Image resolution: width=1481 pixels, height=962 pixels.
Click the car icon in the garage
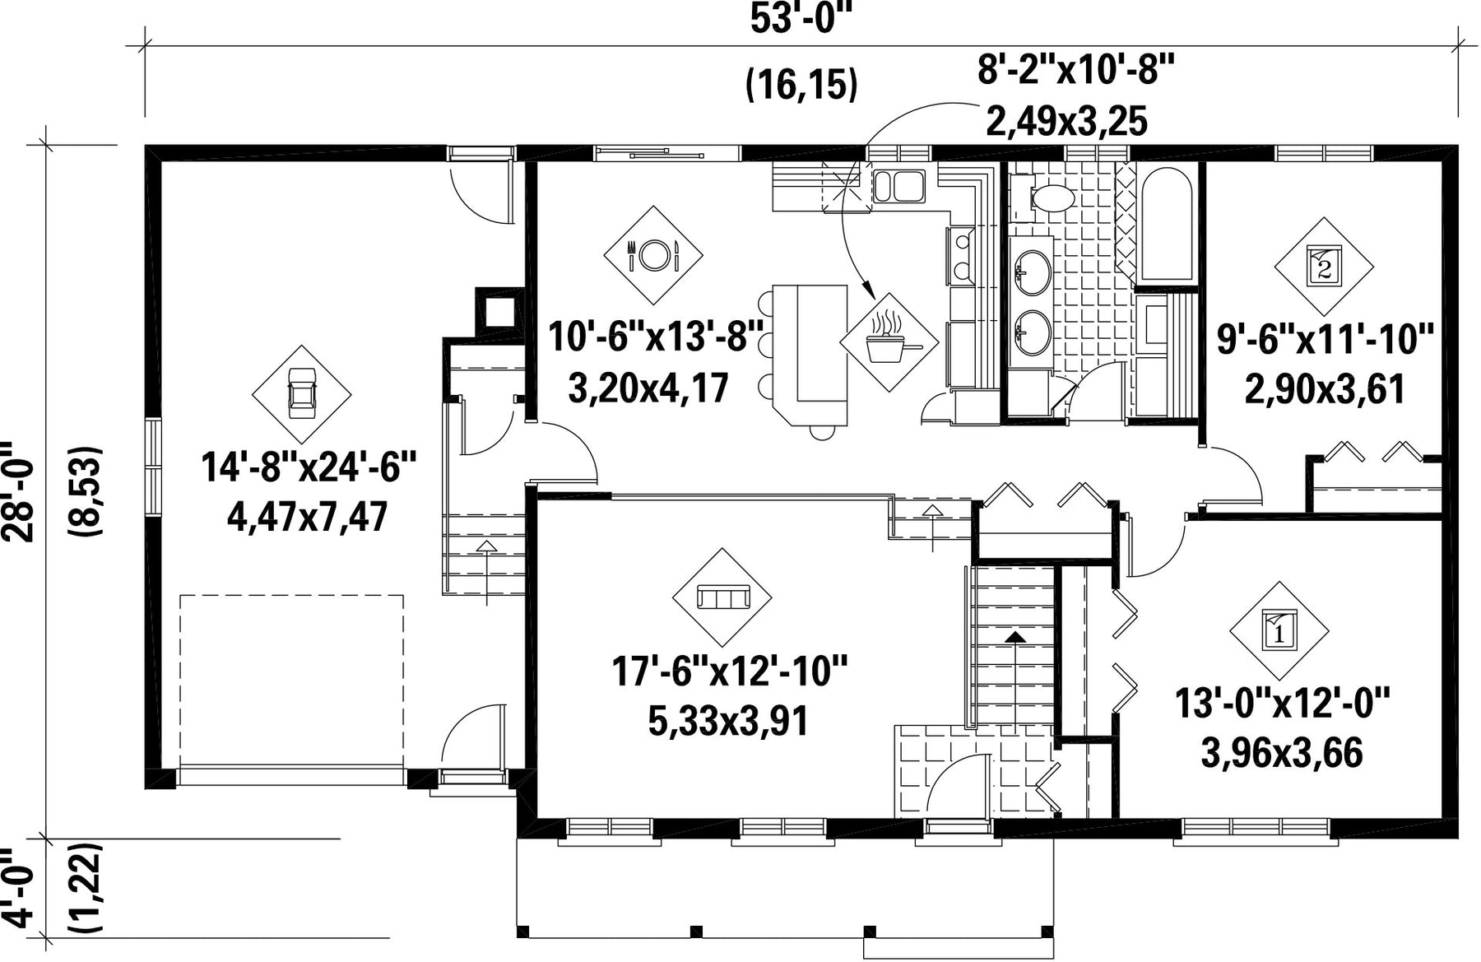coord(301,394)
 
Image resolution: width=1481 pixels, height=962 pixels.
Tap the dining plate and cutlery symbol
coord(653,255)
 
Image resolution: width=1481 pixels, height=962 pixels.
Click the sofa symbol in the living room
coord(722,597)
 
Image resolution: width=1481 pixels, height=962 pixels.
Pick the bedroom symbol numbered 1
coord(1279,631)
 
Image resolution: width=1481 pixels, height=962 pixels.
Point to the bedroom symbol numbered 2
coord(1324,267)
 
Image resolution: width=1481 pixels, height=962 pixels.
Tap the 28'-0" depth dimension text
coord(18,492)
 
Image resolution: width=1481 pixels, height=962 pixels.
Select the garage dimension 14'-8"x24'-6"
coord(309,469)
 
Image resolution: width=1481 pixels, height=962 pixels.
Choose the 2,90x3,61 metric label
coord(1325,388)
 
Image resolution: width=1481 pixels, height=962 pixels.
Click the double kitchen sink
coord(899,186)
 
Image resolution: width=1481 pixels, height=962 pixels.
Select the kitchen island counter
coord(810,355)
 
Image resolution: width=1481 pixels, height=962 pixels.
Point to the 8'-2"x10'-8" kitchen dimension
coord(1075,72)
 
